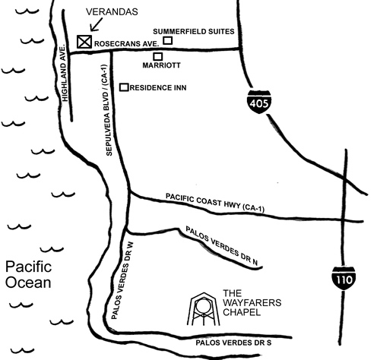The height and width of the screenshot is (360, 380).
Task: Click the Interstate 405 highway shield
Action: (259, 101)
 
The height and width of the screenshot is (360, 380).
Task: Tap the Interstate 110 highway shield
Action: (344, 278)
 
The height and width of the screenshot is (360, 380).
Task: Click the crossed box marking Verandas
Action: (84, 41)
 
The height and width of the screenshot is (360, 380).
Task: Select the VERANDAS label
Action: (112, 11)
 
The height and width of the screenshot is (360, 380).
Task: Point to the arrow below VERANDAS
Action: (97, 25)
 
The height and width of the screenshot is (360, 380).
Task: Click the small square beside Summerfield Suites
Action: (167, 40)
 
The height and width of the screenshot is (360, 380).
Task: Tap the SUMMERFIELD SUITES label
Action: (194, 31)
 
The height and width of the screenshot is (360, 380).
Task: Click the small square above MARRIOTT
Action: (158, 56)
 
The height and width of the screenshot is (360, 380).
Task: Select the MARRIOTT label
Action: (161, 65)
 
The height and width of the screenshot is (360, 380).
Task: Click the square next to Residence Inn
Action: (124, 87)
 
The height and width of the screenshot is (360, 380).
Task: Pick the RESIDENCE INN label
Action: (158, 88)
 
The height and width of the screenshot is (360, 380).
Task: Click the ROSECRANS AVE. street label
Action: (127, 44)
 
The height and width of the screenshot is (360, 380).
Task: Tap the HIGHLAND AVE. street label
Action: (65, 74)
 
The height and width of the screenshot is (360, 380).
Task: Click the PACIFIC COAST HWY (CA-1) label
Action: (215, 203)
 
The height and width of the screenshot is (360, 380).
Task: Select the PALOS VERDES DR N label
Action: (222, 246)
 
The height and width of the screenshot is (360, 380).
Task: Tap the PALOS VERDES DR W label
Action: (122, 280)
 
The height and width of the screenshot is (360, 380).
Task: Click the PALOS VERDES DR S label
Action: (233, 343)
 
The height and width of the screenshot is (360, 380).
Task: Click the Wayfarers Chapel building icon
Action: (204, 309)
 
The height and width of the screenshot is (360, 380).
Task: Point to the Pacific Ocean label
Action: (28, 274)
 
